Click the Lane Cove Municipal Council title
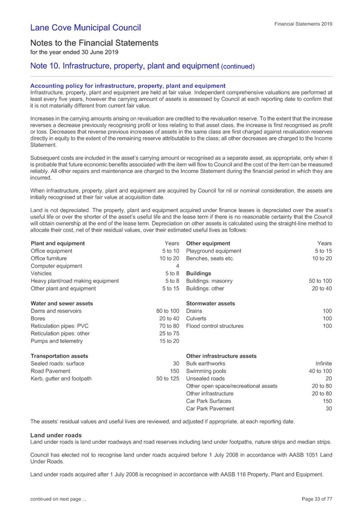coord(86,27)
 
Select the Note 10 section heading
coord(142,66)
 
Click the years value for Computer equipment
coord(177,266)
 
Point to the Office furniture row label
coord(49,258)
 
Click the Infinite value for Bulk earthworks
coord(324,363)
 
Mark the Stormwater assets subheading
coord(210,304)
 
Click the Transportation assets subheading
coord(59,356)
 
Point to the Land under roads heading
coord(56,435)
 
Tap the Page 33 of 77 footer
coord(316,499)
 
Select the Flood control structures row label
coord(215,326)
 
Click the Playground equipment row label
coord(214,251)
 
